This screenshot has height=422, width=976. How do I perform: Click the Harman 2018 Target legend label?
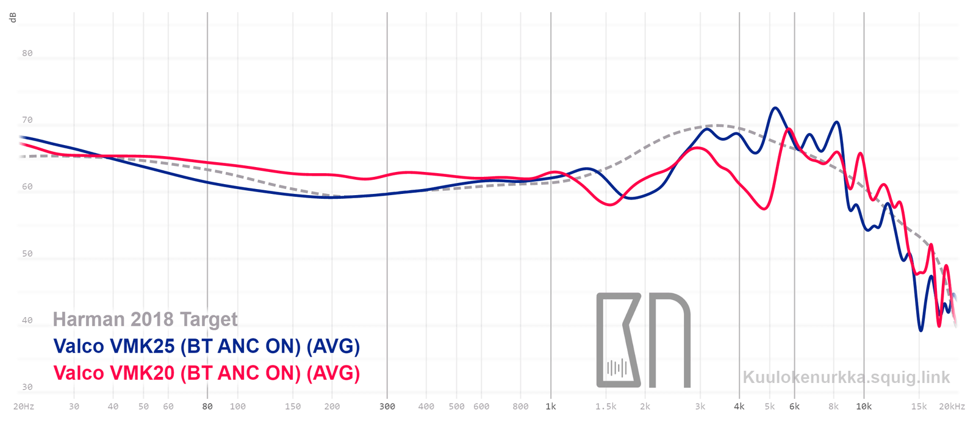click(145, 319)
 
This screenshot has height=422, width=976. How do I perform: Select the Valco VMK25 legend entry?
click(206, 346)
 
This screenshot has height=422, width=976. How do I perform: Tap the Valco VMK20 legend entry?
click(206, 373)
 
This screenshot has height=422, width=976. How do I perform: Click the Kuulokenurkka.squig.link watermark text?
click(846, 377)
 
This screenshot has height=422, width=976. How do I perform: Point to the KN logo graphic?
click(643, 340)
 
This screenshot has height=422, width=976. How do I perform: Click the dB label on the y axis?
click(13, 17)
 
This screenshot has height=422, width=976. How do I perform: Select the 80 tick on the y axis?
click(27, 53)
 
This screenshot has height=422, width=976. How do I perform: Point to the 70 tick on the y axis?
click(27, 120)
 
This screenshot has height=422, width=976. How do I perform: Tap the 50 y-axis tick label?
click(27, 254)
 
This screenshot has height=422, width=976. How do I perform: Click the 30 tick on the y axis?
click(27, 387)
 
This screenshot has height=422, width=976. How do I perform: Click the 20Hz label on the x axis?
click(23, 406)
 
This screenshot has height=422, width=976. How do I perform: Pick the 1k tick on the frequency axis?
click(551, 406)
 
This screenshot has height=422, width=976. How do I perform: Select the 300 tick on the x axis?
click(387, 406)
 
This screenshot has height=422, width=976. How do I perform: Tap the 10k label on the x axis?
click(863, 406)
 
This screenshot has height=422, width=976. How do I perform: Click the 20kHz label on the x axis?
click(952, 406)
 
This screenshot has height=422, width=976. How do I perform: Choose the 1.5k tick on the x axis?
click(606, 406)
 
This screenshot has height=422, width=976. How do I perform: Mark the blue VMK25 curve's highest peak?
click(775, 108)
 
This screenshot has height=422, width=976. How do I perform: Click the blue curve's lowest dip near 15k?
click(920, 330)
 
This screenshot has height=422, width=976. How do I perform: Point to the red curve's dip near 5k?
click(765, 209)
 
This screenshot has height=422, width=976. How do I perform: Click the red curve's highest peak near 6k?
click(789, 129)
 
